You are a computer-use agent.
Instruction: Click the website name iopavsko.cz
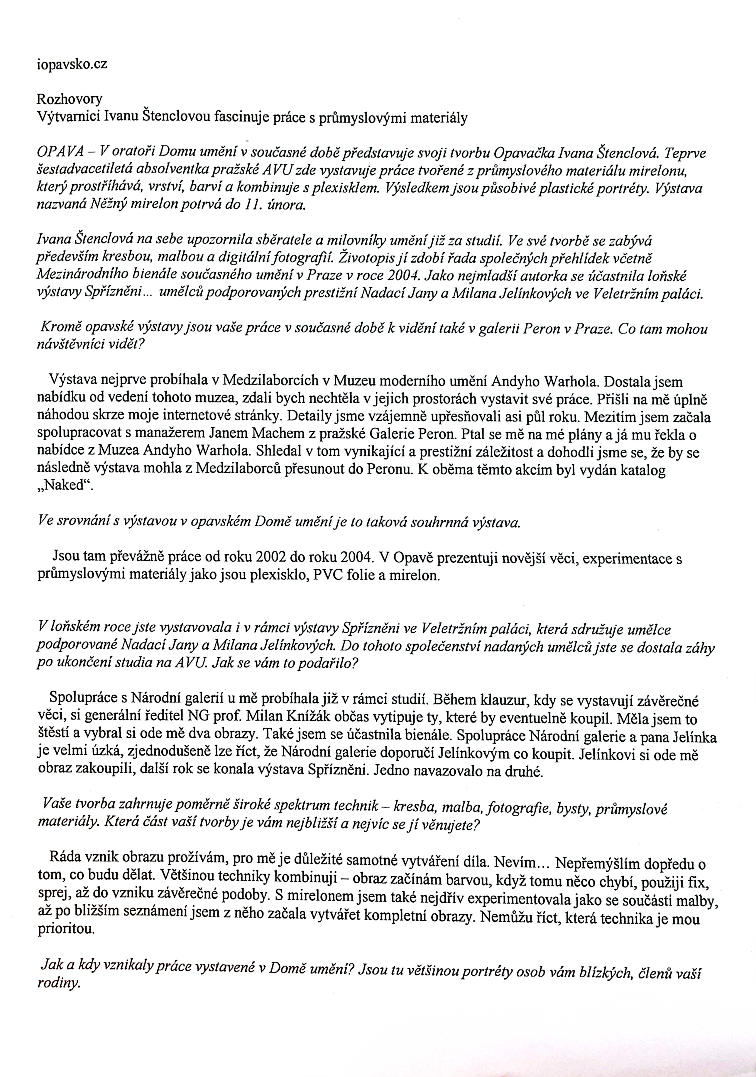pyautogui.click(x=72, y=64)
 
